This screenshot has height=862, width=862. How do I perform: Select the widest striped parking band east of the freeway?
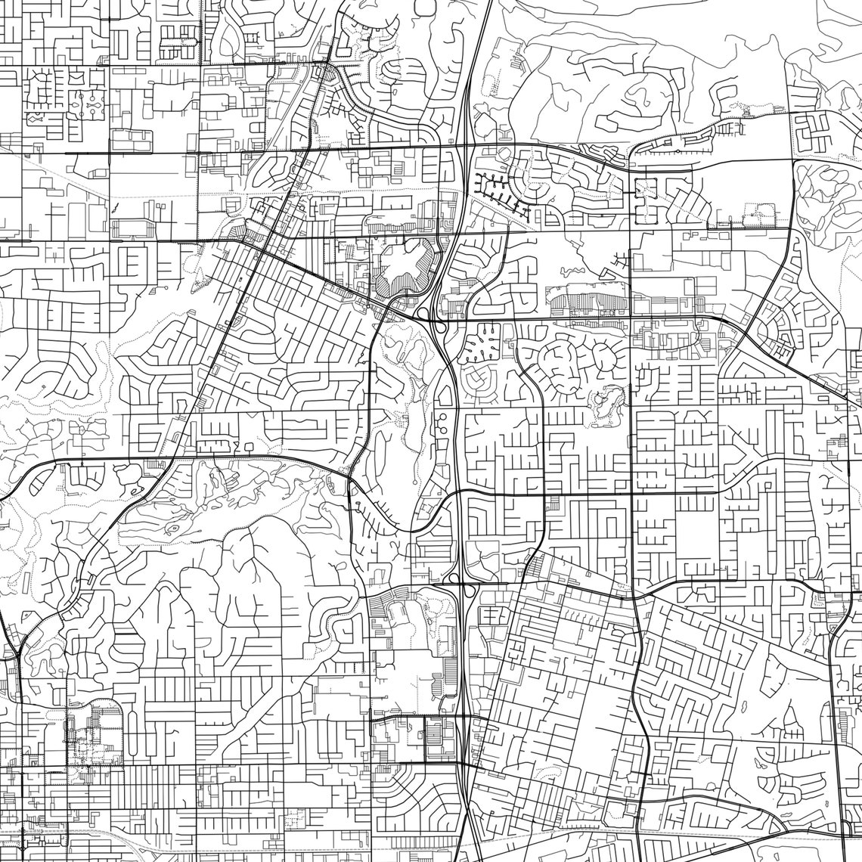tap(590, 304)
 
